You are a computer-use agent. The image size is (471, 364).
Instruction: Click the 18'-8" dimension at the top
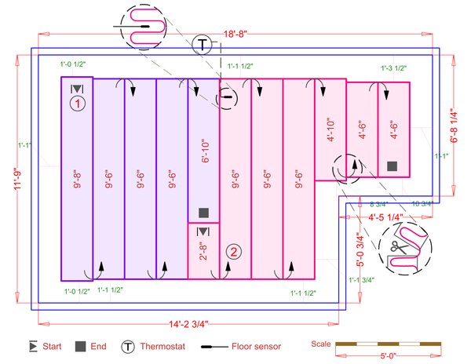click(235, 35)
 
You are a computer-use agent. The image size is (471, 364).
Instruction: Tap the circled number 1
click(77, 103)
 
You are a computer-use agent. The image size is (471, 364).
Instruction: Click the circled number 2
click(234, 251)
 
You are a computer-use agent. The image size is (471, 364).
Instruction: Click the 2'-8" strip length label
click(203, 254)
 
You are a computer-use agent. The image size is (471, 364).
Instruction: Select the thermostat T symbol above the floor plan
click(203, 44)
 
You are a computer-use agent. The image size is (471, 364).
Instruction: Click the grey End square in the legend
click(80, 346)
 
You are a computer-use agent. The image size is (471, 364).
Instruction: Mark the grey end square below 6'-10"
click(203, 213)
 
